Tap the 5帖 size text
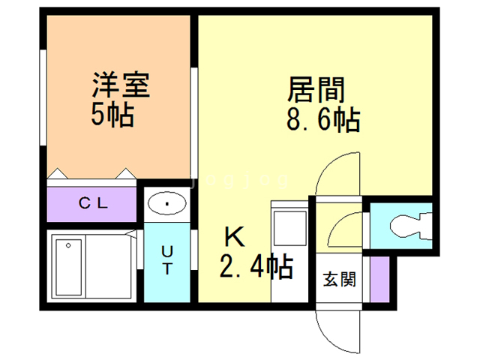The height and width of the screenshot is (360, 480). click(x=112, y=115)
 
